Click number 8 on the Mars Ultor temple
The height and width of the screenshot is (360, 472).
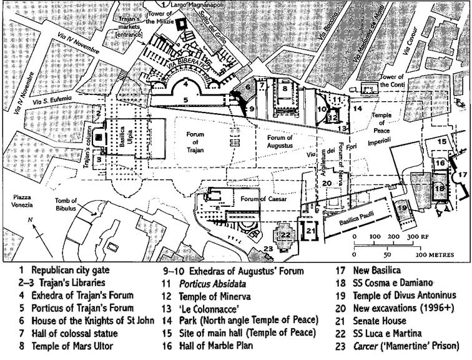285,89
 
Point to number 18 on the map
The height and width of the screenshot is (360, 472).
439,187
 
